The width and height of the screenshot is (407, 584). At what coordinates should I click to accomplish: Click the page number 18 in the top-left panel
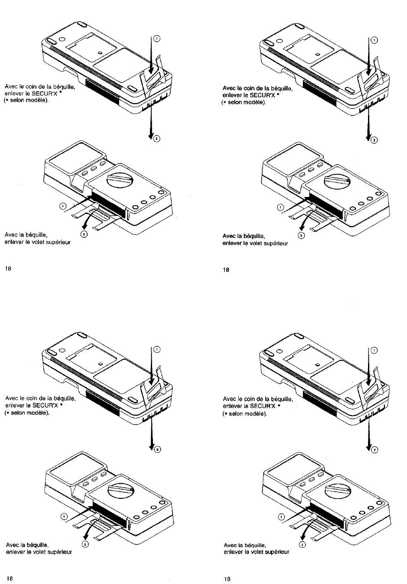point(8,268)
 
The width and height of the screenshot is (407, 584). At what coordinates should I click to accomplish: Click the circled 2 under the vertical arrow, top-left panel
point(156,138)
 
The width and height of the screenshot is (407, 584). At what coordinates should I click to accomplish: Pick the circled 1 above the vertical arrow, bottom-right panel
point(374,350)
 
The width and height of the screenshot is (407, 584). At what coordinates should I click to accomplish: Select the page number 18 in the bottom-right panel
point(227,579)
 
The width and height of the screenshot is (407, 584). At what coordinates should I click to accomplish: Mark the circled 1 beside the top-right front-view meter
point(280,208)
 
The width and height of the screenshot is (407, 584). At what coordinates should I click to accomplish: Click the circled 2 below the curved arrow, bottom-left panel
point(85,544)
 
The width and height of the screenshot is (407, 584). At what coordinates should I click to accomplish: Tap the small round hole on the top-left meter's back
point(62,39)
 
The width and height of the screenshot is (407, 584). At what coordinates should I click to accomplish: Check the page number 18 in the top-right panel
point(226,270)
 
